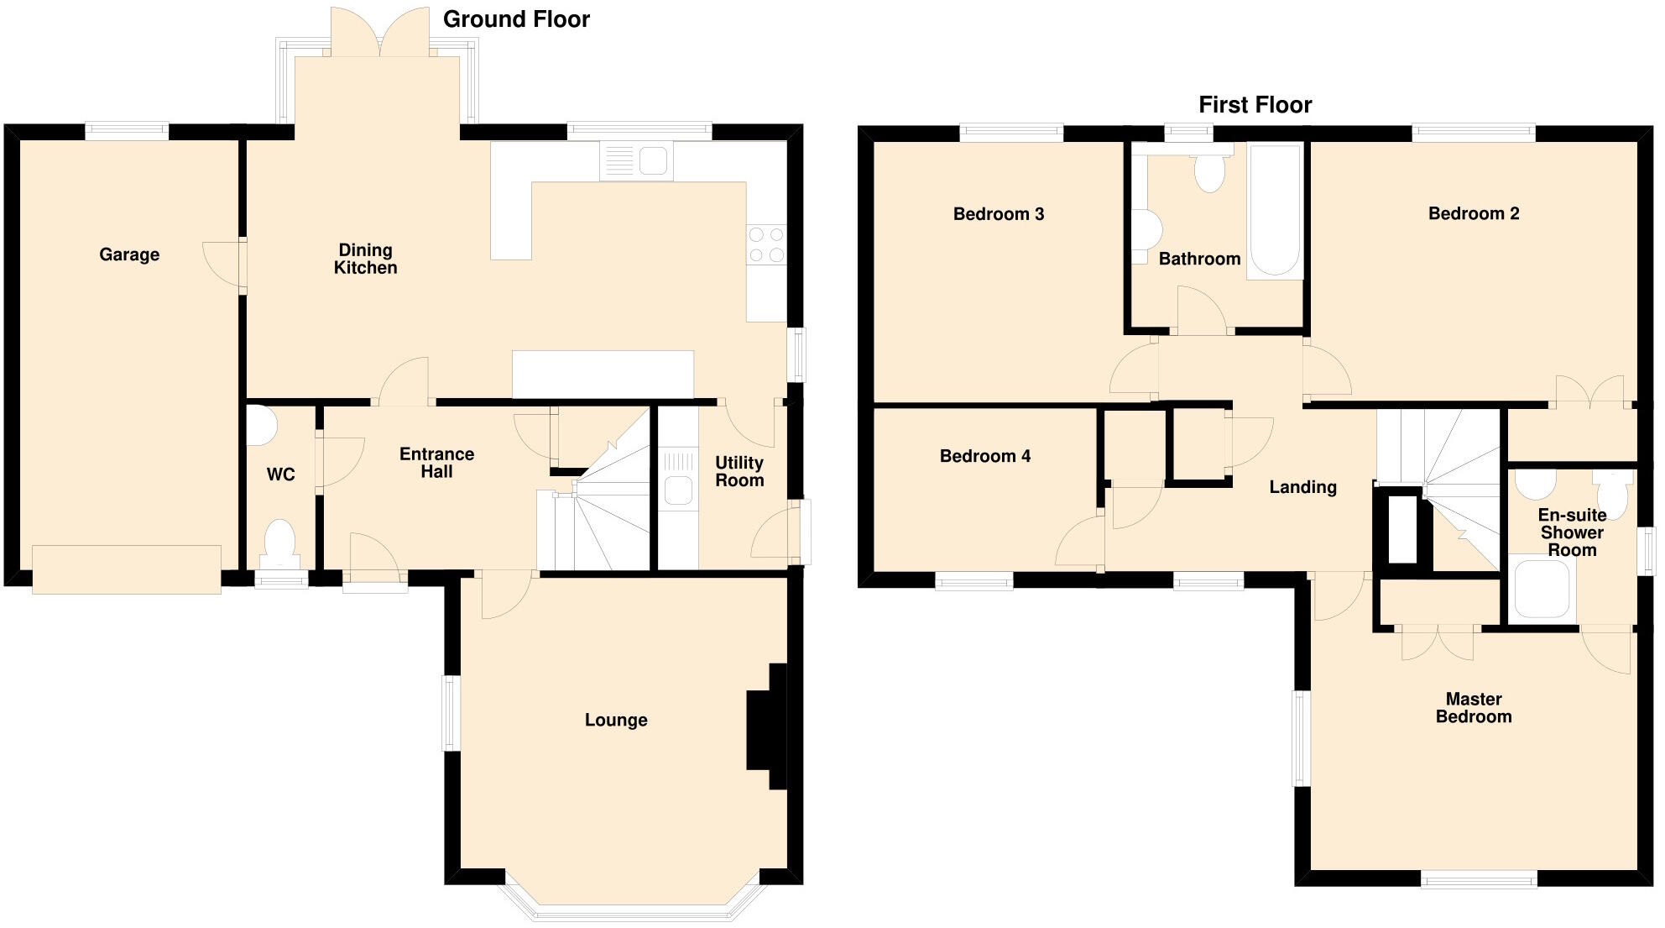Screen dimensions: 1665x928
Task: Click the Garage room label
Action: [x=129, y=254]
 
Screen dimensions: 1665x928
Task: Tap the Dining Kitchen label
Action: [x=365, y=259]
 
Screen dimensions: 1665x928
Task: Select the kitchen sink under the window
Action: [x=637, y=160]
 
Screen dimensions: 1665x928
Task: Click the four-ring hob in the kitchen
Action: [x=766, y=244]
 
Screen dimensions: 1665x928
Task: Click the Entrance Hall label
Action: [x=436, y=463]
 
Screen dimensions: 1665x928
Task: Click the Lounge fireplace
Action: [x=767, y=726]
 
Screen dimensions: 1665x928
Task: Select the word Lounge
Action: [x=616, y=720]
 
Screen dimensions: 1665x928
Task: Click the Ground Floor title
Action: [x=516, y=19]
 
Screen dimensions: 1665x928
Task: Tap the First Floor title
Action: [x=1255, y=105]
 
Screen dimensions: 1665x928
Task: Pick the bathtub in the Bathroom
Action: [x=1275, y=210]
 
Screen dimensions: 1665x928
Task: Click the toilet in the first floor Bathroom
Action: [x=1209, y=168]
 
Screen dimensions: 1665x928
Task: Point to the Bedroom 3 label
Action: [x=999, y=214]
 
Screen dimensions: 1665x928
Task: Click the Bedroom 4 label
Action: [x=984, y=456]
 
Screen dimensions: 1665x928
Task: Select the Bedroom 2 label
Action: [x=1474, y=213]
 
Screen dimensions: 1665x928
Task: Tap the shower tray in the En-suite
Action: [x=1542, y=590]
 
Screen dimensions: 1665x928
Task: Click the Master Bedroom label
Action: [x=1474, y=708]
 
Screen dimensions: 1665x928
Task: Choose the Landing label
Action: [x=1302, y=487]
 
